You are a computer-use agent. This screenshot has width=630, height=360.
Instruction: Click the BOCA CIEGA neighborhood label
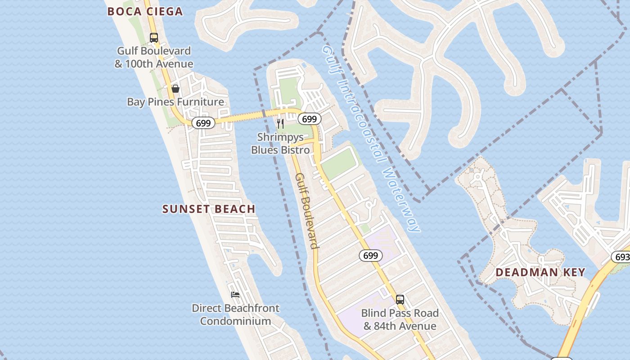[145, 12]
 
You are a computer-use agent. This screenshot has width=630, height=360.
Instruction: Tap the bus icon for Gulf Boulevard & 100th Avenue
[154, 37]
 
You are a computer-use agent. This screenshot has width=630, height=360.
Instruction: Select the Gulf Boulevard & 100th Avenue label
[154, 57]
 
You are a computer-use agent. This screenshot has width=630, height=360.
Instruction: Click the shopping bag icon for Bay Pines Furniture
[175, 89]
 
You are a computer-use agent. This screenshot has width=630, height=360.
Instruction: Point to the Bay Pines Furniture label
[175, 102]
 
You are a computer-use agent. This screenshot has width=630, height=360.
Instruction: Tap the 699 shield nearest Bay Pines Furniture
[203, 123]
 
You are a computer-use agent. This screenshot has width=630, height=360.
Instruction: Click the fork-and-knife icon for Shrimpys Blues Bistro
[280, 123]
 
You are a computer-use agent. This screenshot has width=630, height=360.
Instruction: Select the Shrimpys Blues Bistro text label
[280, 143]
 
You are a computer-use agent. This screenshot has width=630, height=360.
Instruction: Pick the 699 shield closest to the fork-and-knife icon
[310, 119]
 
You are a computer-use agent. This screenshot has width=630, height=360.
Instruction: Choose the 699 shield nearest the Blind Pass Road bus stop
[371, 256]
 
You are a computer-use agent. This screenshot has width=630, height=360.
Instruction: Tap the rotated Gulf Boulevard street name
[307, 211]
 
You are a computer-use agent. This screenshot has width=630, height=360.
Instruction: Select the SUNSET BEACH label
[209, 209]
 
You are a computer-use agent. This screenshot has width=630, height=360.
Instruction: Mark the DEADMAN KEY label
[540, 272]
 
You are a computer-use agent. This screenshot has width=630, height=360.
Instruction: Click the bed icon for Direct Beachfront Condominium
[235, 295]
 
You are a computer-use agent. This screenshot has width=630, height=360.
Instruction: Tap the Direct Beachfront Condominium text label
[235, 315]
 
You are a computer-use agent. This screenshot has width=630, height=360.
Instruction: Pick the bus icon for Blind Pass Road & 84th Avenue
[400, 299]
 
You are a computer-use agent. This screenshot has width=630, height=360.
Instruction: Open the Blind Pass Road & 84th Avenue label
[400, 319]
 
